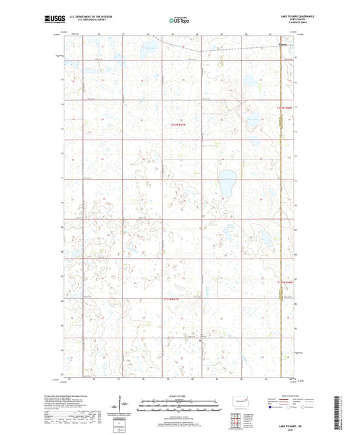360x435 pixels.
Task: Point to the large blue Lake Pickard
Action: click(x=227, y=182)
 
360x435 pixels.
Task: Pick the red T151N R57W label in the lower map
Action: click(x=174, y=299)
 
